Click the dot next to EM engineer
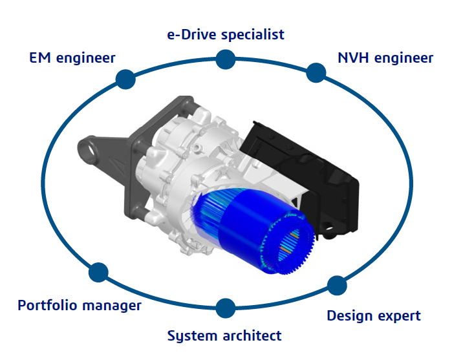[125, 79]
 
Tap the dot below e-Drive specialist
[226, 59]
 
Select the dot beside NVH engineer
[316, 72]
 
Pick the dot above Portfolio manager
[98, 272]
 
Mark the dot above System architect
[226, 308]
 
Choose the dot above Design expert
[337, 285]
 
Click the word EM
[40, 58]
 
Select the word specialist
[253, 35]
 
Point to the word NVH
[353, 58]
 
